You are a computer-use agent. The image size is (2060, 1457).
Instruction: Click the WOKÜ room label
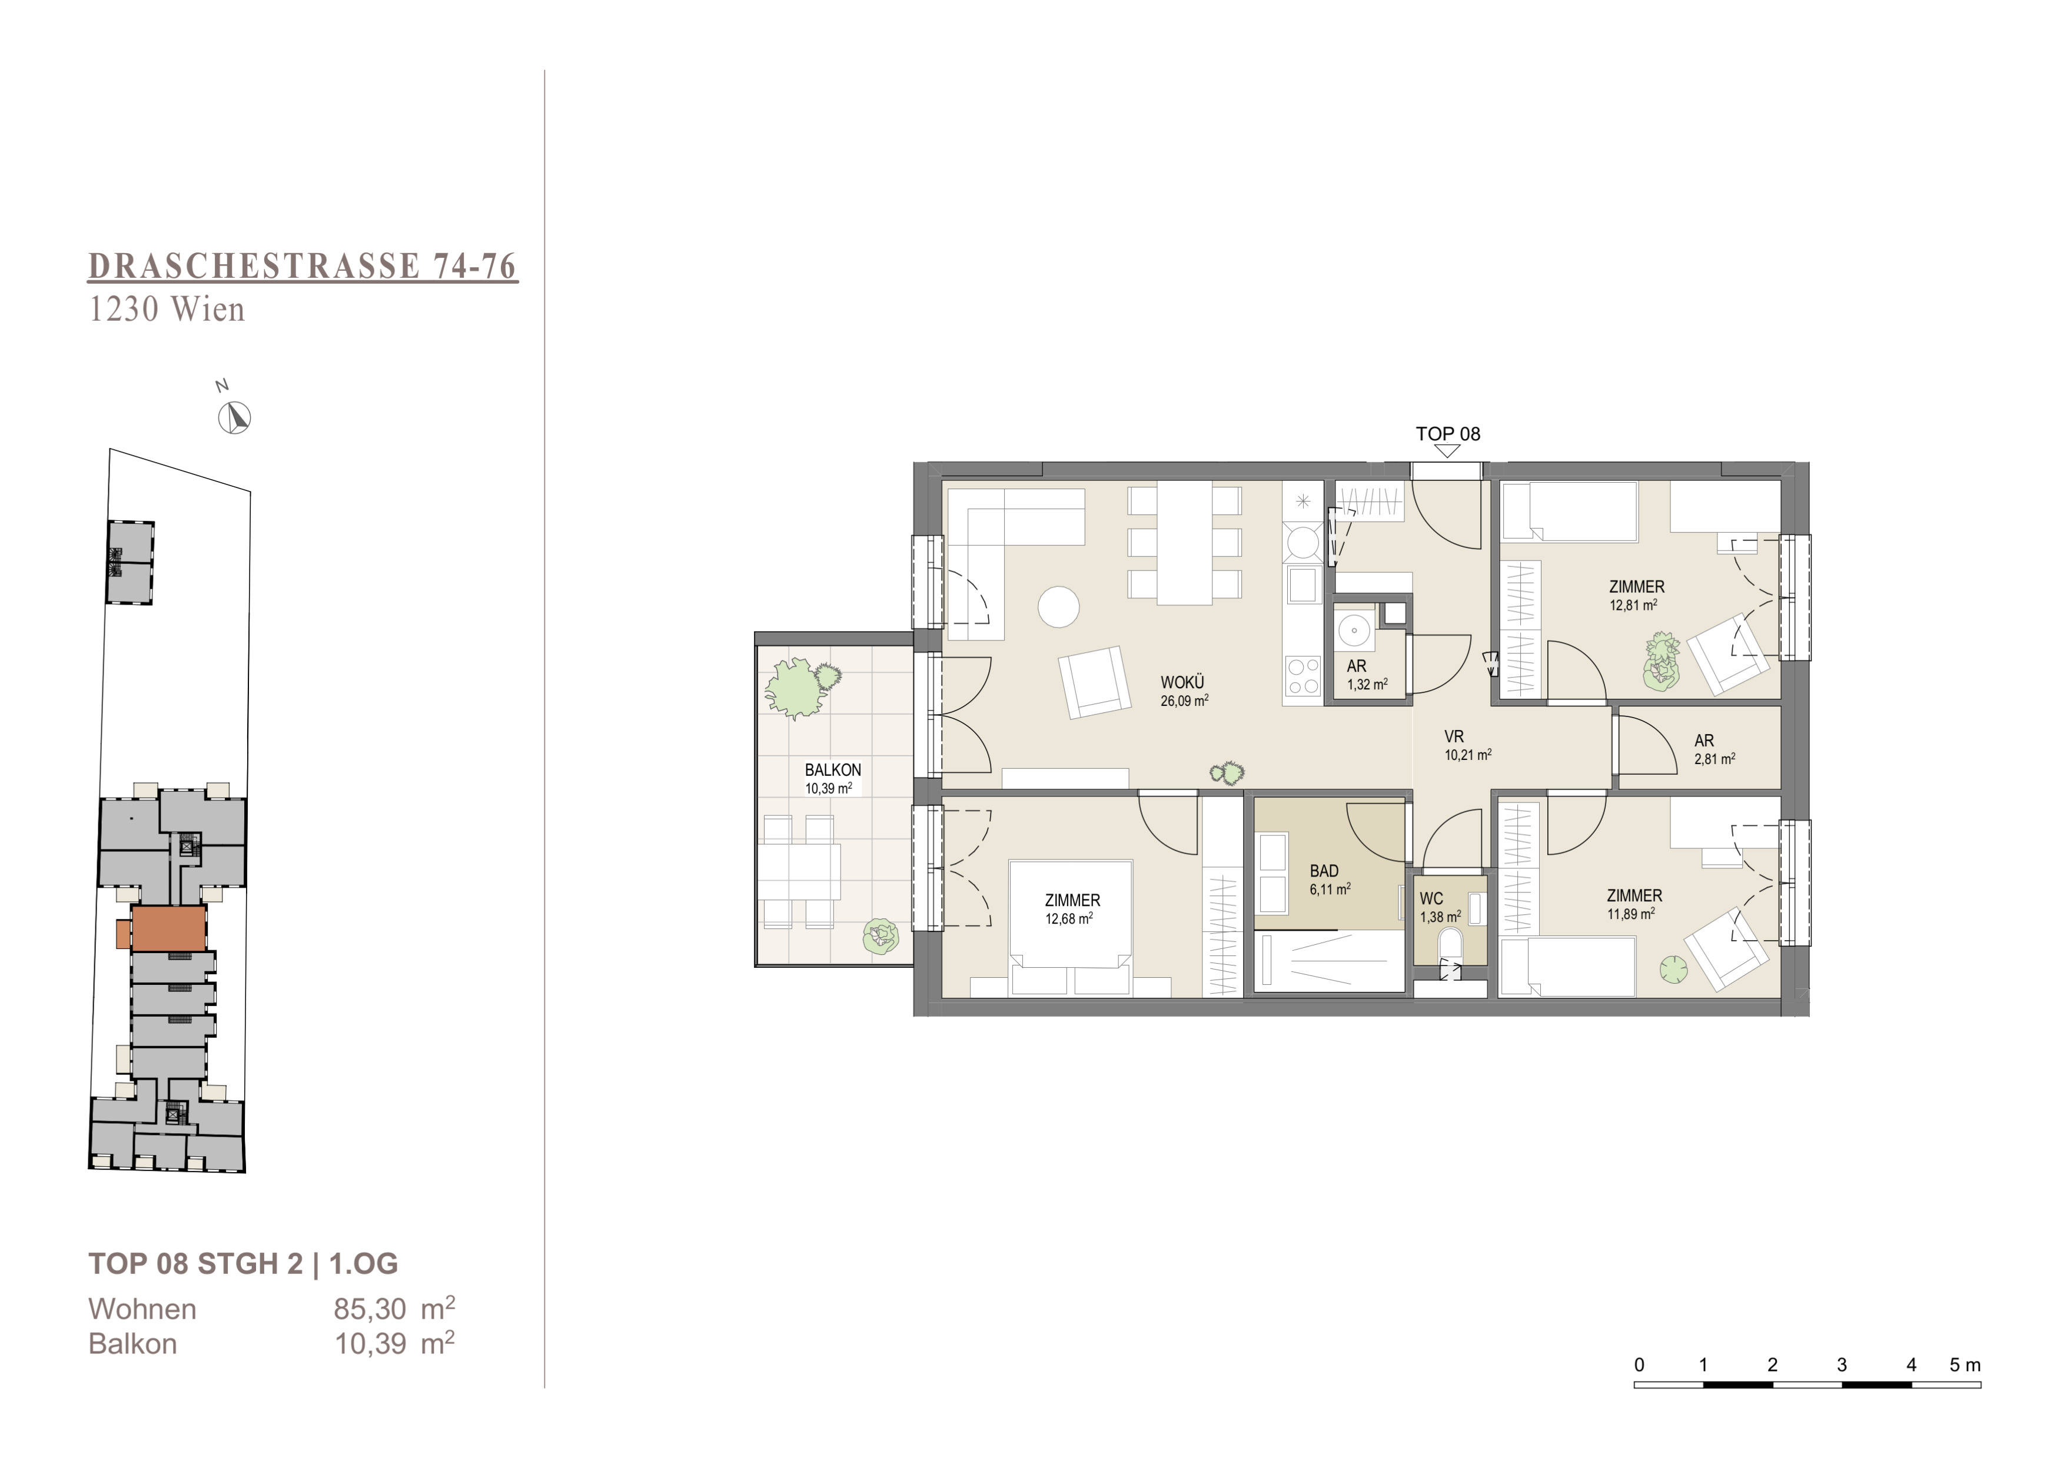(x=1182, y=683)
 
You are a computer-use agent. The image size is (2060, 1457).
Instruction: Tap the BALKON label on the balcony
(x=833, y=770)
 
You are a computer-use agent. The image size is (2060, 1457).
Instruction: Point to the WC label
(x=1431, y=899)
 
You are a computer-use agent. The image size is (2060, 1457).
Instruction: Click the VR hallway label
(x=1454, y=736)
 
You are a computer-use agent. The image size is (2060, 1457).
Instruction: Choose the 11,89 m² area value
(x=1630, y=914)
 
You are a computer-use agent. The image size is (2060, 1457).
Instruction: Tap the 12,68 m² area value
(x=1069, y=919)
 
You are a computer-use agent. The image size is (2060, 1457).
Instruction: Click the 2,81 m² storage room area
(x=1714, y=759)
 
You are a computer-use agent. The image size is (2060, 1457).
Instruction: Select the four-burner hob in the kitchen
(x=1303, y=676)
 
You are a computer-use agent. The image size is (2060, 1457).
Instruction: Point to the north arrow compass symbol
(x=235, y=417)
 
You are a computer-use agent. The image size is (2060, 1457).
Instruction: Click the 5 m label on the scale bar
(x=1965, y=1365)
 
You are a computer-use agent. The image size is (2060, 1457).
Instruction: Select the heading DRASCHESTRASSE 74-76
(x=303, y=267)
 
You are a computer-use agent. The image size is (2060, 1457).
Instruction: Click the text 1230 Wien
(x=167, y=310)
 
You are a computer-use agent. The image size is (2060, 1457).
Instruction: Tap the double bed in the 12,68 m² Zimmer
(x=1071, y=928)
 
